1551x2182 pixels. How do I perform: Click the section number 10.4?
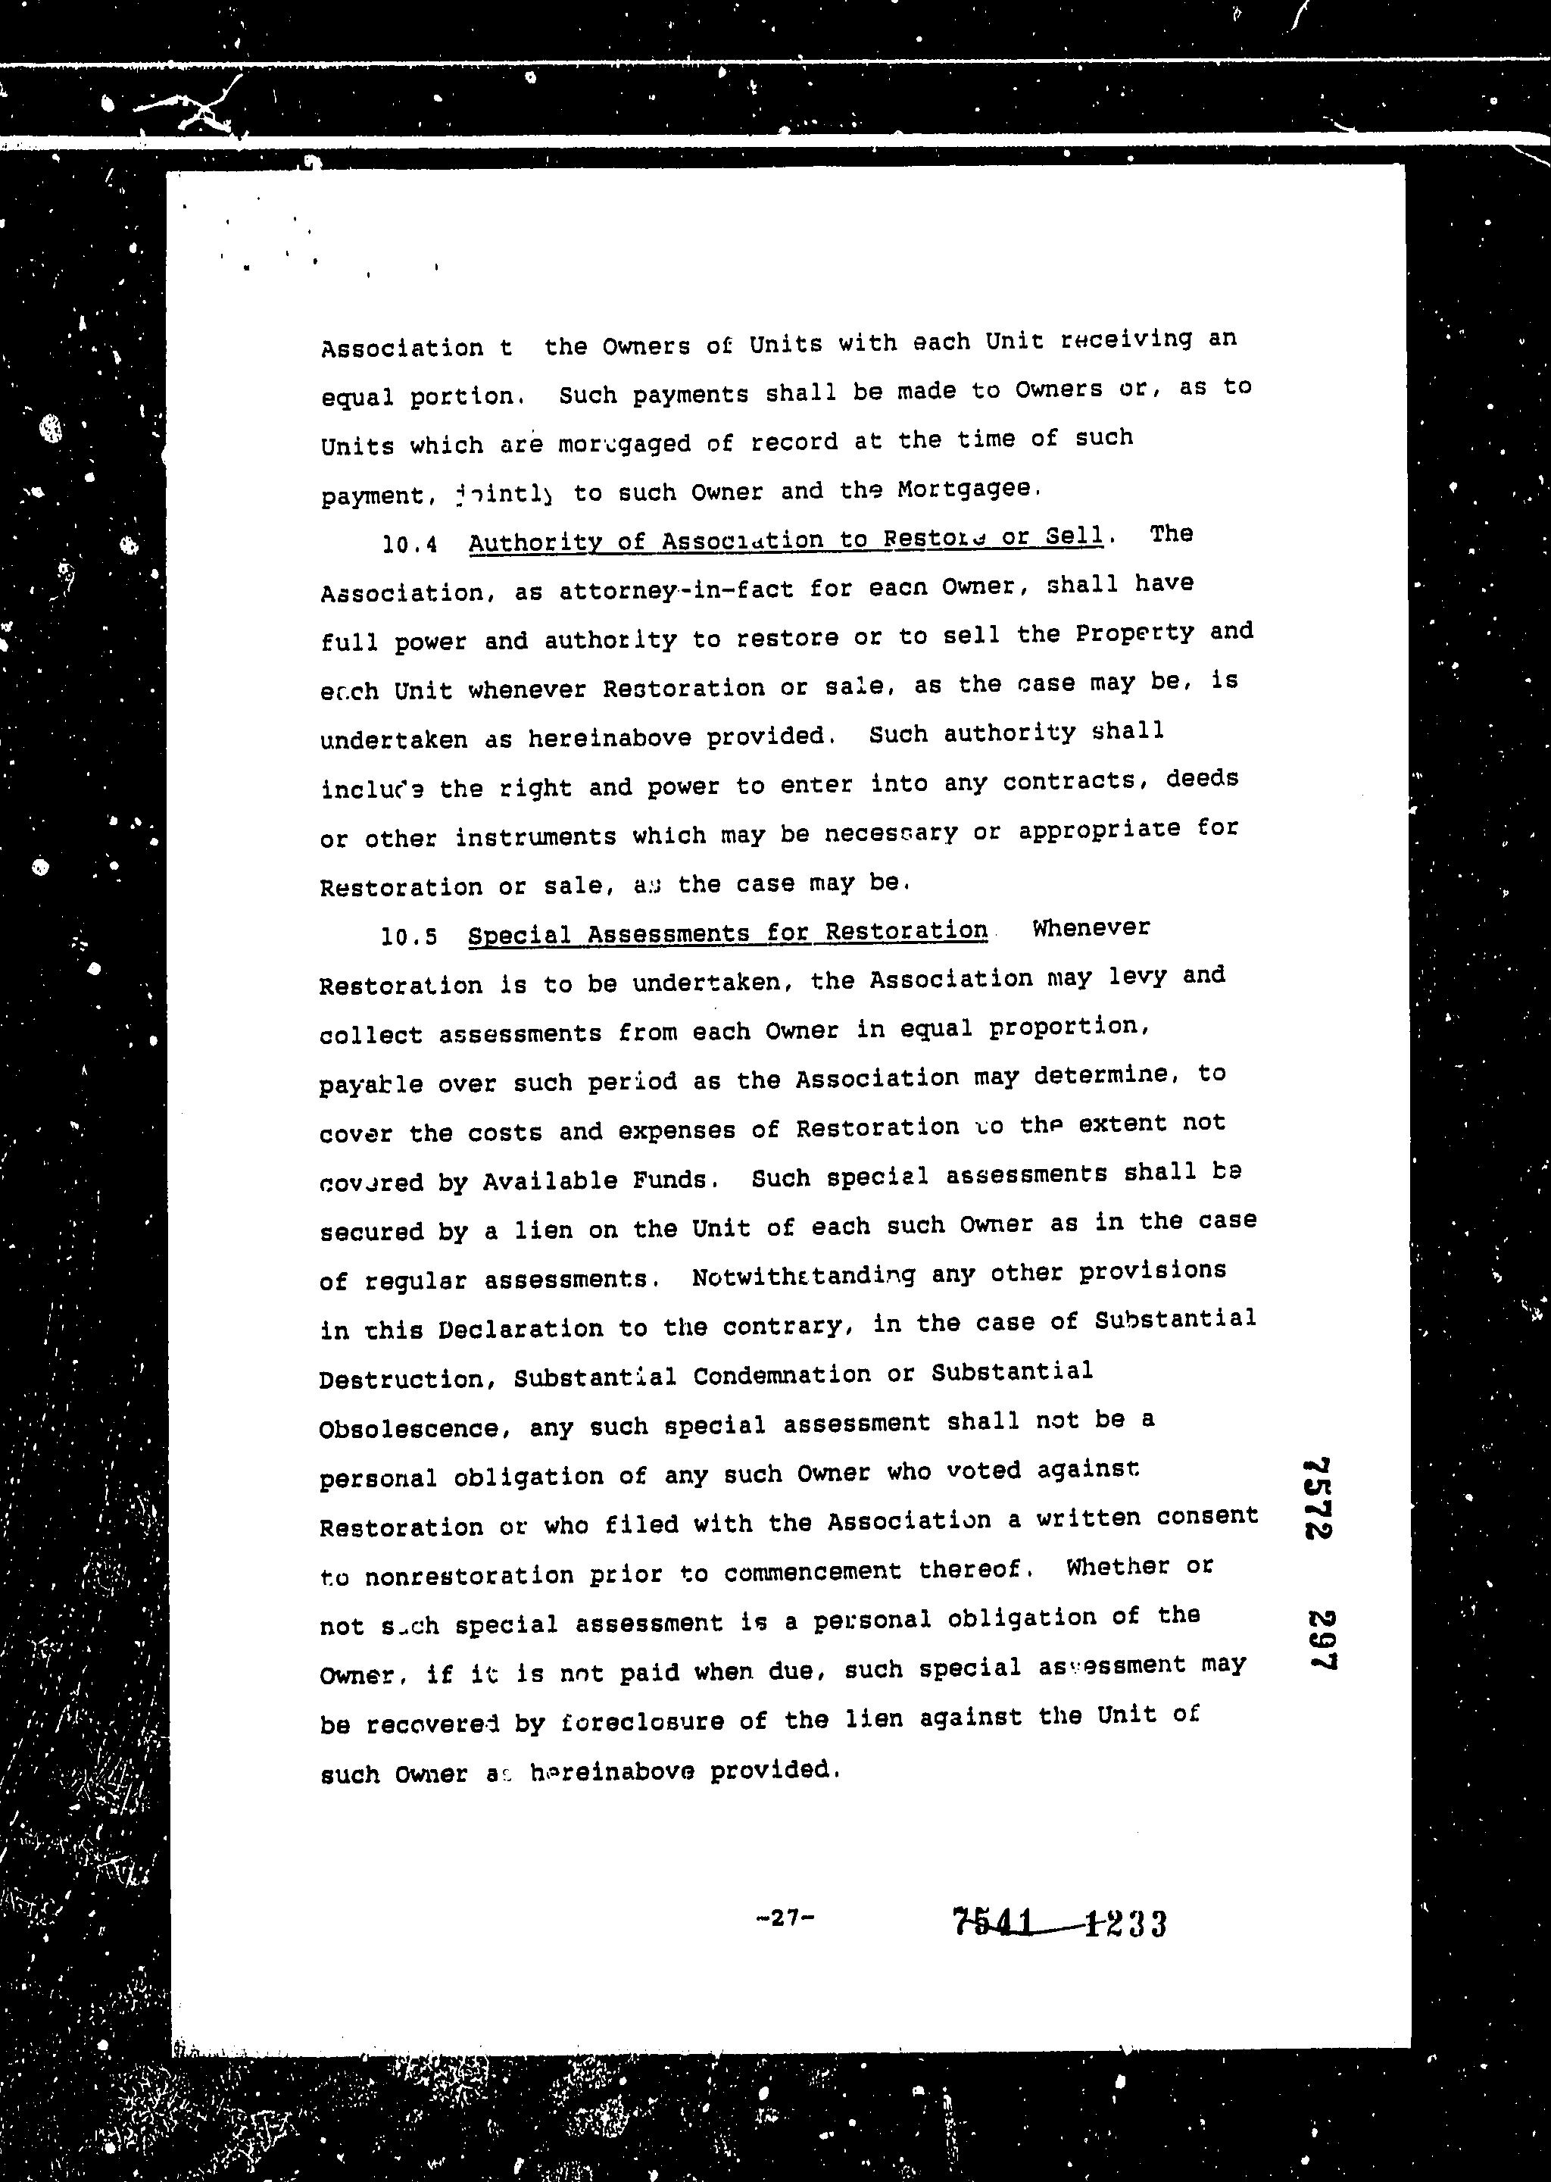tap(410, 545)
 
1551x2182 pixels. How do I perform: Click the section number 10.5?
tap(409, 936)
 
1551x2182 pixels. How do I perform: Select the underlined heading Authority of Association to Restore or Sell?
tap(785, 539)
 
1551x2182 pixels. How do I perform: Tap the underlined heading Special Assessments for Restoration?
tap(728, 933)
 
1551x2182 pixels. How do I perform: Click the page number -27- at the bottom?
tap(784, 1915)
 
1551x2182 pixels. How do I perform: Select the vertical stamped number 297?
tap(1321, 1640)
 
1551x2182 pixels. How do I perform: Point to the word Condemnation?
tap(782, 1376)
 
